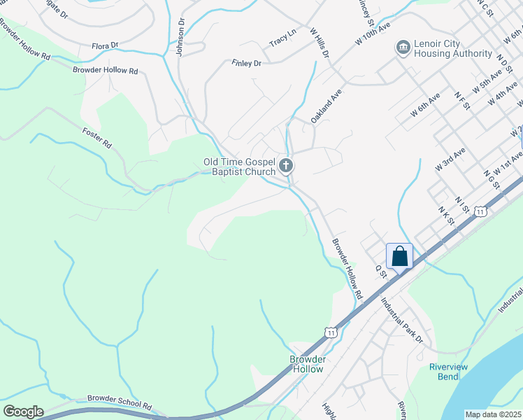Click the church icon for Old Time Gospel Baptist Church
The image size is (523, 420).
pyautogui.click(x=285, y=166)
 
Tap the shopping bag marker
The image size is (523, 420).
pyautogui.click(x=400, y=255)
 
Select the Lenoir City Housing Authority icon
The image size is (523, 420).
pyautogui.click(x=403, y=47)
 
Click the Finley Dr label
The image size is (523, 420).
pyautogui.click(x=246, y=63)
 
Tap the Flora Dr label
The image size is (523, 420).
pyautogui.click(x=106, y=46)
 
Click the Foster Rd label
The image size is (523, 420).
pyautogui.click(x=97, y=136)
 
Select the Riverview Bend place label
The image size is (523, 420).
pyautogui.click(x=443, y=372)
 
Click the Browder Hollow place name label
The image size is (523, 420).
pyautogui.click(x=308, y=364)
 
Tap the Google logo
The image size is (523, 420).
pyautogui.click(x=23, y=412)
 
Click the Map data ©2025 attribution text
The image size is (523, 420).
pyautogui.click(x=493, y=414)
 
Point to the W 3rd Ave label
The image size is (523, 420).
pyautogui.click(x=450, y=160)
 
